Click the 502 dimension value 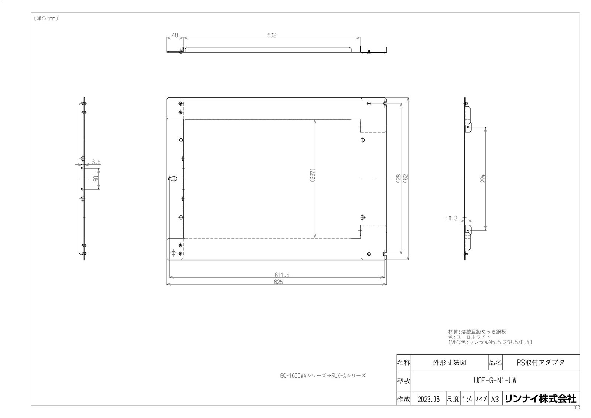pos(271,35)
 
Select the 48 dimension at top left pos(175,35)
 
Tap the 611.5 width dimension pos(282,275)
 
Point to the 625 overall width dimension pos(279,282)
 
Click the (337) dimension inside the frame pos(312,175)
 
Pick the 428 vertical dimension pos(399,179)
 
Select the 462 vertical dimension pos(406,179)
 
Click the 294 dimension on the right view pos(482,179)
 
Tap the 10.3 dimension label pos(451,218)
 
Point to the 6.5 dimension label pos(96,162)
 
